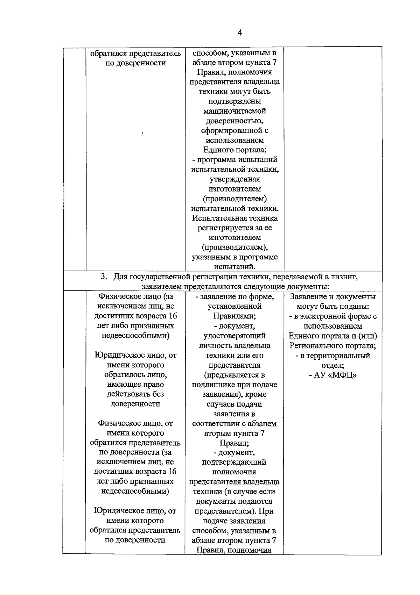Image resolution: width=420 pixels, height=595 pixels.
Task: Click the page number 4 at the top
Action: [x=240, y=33]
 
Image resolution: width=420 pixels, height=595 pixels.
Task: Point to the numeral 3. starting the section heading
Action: [x=104, y=277]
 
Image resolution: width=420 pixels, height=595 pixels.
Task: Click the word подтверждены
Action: [x=234, y=101]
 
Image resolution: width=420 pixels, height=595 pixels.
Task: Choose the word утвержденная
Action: [x=234, y=179]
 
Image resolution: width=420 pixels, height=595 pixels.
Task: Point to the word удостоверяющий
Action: [x=234, y=336]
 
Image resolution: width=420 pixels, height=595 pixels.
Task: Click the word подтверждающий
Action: [x=234, y=462]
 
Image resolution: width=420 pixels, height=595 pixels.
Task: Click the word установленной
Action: [x=234, y=306]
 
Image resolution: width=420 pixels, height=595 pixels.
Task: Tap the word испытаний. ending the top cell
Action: [x=234, y=267]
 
